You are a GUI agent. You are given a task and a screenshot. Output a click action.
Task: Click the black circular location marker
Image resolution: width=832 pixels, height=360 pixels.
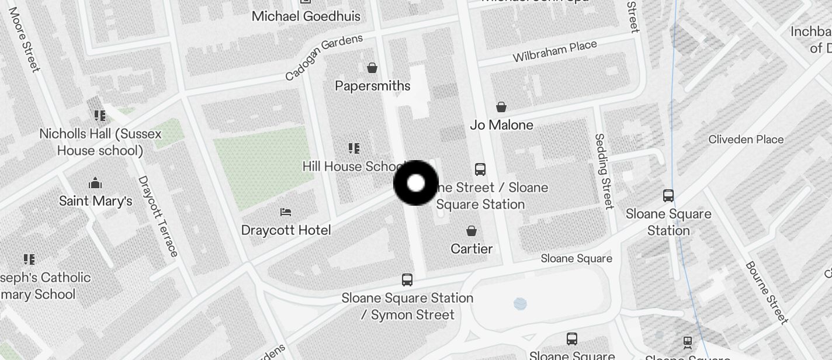(x=415, y=183)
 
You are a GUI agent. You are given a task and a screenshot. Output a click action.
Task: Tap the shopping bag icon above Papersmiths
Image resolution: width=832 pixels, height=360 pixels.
(x=372, y=68)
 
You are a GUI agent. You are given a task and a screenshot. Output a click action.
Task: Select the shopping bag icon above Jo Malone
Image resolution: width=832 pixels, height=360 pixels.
(x=501, y=107)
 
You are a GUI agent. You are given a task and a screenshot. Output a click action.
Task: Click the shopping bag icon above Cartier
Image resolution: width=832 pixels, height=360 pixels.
(x=472, y=231)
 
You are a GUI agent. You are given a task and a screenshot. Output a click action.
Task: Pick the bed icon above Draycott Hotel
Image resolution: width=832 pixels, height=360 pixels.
(x=286, y=212)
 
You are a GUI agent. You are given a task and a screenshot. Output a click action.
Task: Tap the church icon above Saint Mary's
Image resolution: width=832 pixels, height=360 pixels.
(x=95, y=183)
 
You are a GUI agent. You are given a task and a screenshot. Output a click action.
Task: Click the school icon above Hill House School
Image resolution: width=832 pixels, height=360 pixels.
(x=354, y=148)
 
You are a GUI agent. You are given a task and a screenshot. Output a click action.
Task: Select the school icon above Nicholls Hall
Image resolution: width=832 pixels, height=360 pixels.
(x=100, y=116)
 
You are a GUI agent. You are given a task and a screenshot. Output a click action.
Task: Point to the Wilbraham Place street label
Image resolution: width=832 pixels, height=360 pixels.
(x=554, y=51)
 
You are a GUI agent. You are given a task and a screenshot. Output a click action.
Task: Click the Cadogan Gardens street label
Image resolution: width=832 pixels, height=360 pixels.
(x=324, y=57)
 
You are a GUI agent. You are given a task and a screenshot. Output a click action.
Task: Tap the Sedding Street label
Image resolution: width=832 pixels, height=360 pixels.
(x=604, y=171)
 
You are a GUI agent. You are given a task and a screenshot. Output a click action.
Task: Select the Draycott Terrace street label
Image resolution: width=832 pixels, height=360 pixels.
(x=158, y=216)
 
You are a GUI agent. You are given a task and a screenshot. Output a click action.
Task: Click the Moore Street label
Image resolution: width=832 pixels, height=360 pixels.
(x=24, y=40)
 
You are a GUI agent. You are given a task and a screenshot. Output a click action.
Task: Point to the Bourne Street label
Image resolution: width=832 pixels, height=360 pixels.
(x=767, y=292)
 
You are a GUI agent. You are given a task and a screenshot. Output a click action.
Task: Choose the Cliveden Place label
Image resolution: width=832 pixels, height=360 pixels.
(x=746, y=139)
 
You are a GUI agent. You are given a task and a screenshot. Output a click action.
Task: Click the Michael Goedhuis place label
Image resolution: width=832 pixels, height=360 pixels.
(x=306, y=16)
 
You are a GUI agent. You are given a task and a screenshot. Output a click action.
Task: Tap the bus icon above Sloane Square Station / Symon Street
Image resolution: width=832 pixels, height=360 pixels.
(x=407, y=280)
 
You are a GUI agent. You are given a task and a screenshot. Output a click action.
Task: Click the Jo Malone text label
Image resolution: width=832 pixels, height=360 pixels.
(x=501, y=125)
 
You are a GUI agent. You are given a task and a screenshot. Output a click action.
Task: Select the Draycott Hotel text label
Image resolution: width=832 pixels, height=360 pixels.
(x=286, y=230)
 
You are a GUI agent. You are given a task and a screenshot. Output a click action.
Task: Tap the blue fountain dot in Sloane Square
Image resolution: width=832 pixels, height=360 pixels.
(x=520, y=303)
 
